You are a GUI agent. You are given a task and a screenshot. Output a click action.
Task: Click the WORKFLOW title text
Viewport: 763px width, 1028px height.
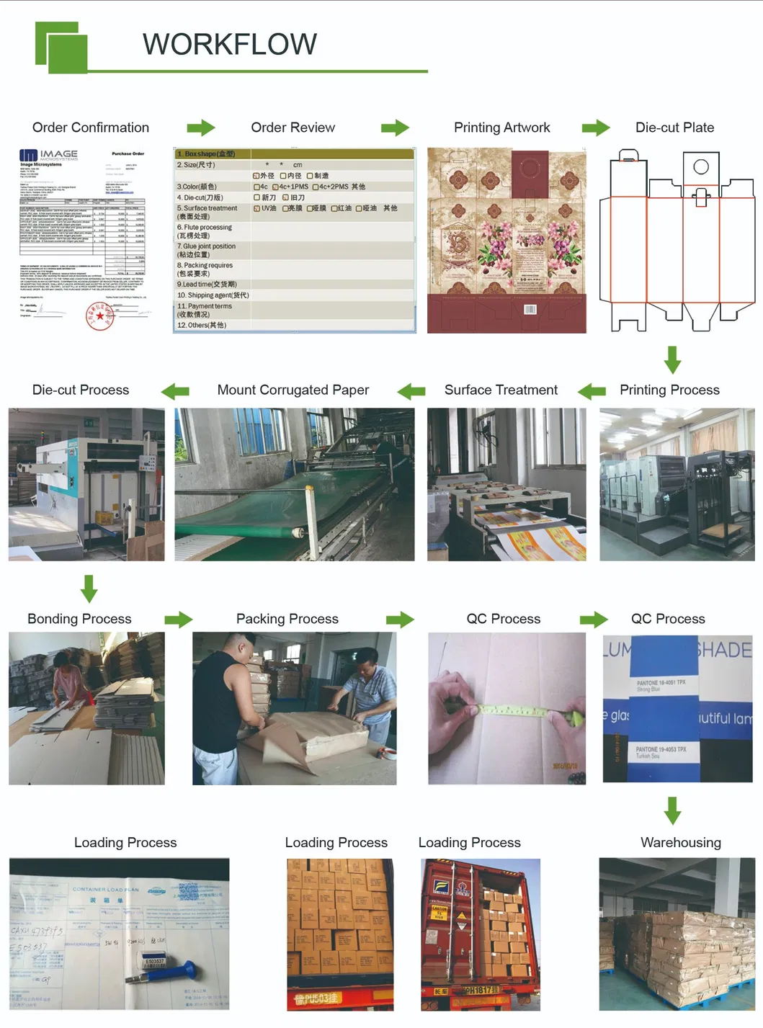pyautogui.click(x=229, y=44)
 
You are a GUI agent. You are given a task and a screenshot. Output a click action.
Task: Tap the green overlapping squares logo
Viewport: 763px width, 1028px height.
pyautogui.click(x=61, y=48)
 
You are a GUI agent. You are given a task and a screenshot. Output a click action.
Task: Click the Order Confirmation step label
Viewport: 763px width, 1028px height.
pyautogui.click(x=91, y=128)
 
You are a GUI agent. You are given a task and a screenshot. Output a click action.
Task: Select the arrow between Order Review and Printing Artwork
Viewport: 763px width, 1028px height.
pyautogui.click(x=395, y=128)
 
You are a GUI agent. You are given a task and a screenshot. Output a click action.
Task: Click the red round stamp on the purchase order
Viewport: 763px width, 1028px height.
pyautogui.click(x=99, y=316)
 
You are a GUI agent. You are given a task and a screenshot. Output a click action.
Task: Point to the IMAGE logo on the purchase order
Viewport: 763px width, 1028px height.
pyautogui.click(x=49, y=154)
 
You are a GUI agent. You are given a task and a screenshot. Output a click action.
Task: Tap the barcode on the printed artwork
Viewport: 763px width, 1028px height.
pyautogui.click(x=530, y=309)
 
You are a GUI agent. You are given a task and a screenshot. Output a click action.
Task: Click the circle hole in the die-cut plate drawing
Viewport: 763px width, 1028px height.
pyautogui.click(x=700, y=167)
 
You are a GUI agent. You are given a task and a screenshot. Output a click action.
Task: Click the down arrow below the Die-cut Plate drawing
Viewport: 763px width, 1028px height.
pyautogui.click(x=672, y=359)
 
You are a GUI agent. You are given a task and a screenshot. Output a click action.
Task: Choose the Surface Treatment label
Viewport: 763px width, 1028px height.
pyautogui.click(x=501, y=390)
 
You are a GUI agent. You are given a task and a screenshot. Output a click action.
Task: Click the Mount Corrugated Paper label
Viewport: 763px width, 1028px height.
pyautogui.click(x=293, y=390)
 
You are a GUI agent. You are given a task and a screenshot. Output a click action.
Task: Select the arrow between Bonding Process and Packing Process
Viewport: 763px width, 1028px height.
pyautogui.click(x=178, y=620)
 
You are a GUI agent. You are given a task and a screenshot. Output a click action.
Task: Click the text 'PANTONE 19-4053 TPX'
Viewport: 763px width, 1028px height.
pyautogui.click(x=661, y=749)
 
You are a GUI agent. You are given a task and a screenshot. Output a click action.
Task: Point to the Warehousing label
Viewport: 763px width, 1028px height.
pyautogui.click(x=680, y=842)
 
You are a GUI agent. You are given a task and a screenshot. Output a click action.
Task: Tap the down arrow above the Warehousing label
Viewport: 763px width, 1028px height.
pyautogui.click(x=672, y=810)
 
